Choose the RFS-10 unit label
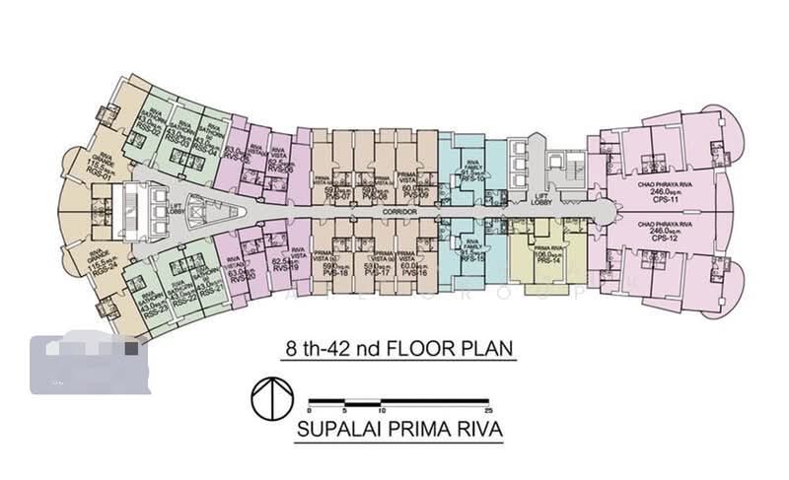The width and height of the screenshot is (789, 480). click(x=472, y=178)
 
